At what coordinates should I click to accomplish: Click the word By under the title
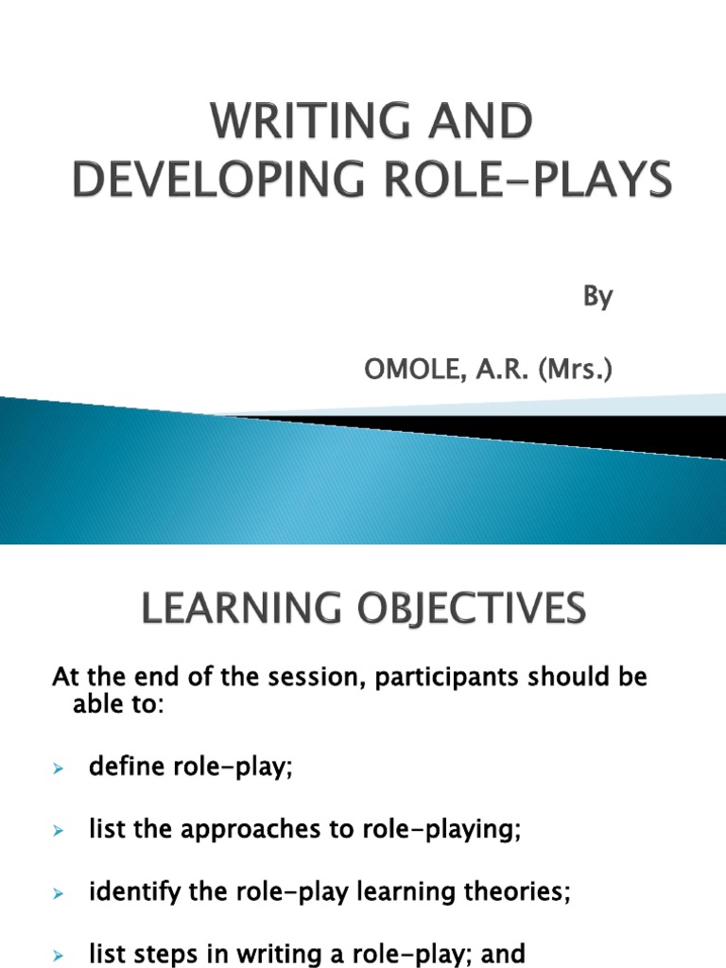click(597, 297)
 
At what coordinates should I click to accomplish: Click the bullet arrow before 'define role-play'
click(57, 769)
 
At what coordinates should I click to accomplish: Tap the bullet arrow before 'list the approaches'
click(57, 832)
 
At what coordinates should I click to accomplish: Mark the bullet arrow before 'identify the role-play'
click(57, 894)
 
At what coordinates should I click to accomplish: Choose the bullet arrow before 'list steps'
click(57, 956)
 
